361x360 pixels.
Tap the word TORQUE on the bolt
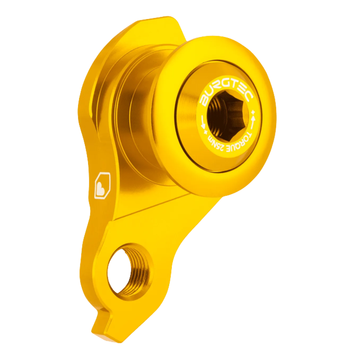(245, 134)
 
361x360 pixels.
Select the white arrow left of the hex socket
(201, 121)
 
